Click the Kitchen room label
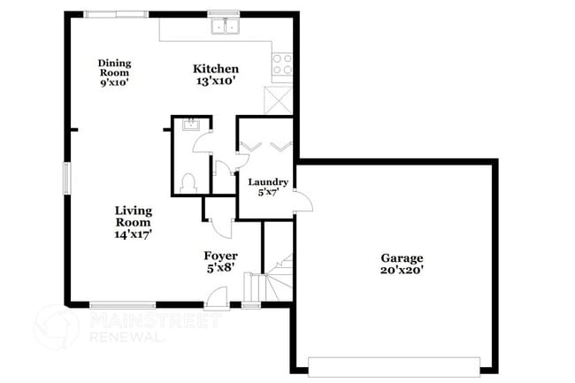coord(216,69)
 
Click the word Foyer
coord(221,256)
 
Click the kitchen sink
coord(226,26)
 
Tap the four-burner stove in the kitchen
coord(282,65)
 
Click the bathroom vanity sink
coord(188,126)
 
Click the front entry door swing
coord(216,297)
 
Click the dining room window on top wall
coord(117,13)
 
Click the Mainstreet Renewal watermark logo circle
coord(56,326)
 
